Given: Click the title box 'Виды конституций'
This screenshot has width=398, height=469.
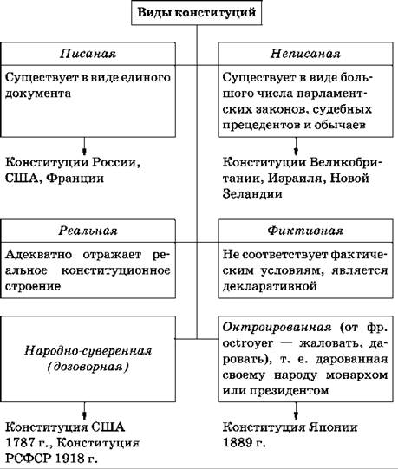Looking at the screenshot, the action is point(197,13).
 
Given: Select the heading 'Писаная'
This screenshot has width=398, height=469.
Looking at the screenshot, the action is point(88,54).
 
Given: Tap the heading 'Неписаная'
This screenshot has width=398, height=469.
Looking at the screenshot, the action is point(305,54).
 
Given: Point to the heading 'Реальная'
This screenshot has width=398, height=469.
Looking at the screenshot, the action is point(88,231).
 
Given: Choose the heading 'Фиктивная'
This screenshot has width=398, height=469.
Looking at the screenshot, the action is point(305,231).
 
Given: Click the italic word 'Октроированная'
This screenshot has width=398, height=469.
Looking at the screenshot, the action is point(277,327).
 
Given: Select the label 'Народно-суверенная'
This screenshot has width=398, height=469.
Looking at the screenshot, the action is point(88,350).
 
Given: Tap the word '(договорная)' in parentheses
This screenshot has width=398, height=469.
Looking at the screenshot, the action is point(88,367).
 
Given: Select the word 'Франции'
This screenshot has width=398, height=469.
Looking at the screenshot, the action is point(75,179).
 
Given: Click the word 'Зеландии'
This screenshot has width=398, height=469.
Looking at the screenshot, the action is point(252,194).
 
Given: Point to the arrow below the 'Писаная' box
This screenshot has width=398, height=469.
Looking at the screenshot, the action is point(84,146).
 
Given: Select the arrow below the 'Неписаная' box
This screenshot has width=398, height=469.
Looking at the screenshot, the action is point(296,146).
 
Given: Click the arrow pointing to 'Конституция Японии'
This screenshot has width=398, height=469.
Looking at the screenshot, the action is point(296,411).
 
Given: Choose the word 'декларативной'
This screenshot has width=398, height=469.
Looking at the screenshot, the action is point(270,286).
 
